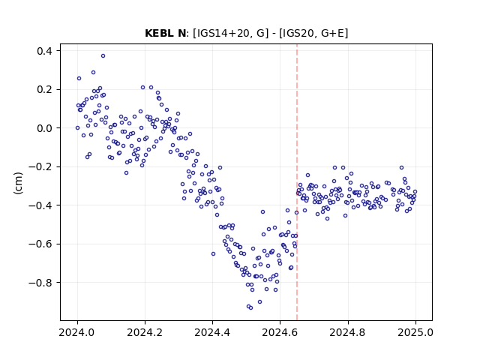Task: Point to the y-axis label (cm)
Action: tap(18, 182)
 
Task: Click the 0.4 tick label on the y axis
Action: tap(44, 51)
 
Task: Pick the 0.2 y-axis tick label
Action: tap(44, 89)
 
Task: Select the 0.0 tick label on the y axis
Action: tap(44, 128)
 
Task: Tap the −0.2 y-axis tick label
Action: tap(40, 166)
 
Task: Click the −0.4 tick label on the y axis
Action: tap(40, 205)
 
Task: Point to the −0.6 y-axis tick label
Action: tap(40, 244)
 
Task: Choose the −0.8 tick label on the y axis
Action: tap(40, 282)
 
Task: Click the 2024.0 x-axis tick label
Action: tap(76, 332)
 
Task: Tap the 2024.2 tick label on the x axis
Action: tap(145, 332)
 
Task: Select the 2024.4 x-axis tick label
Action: tap(212, 332)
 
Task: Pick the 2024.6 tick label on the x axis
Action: tap(280, 332)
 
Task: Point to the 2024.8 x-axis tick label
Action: tap(347, 332)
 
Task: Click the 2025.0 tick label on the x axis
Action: tap(415, 332)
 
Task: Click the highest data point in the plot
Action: tap(103, 55)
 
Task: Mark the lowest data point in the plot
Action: tap(250, 307)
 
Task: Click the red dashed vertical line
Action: tap(297, 182)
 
